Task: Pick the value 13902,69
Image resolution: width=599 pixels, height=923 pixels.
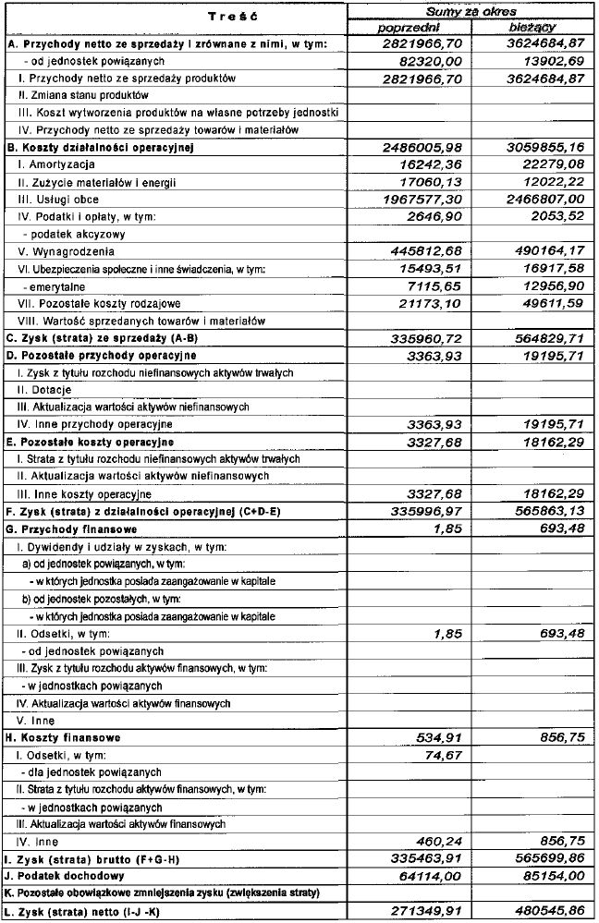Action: pyautogui.click(x=545, y=61)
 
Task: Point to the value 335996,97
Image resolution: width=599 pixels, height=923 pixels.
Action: pyautogui.click(x=421, y=512)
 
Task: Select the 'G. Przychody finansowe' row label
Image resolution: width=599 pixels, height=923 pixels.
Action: pyautogui.click(x=72, y=529)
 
